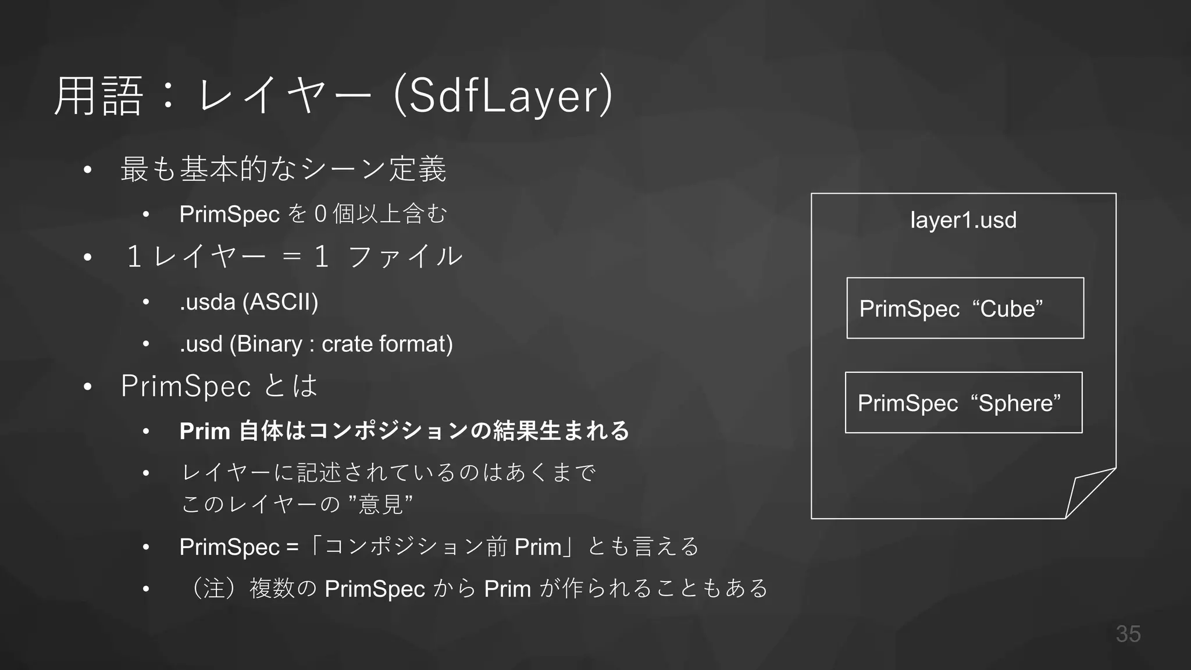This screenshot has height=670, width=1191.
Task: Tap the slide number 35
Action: tap(1128, 634)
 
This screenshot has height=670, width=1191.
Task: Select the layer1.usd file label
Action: tap(963, 220)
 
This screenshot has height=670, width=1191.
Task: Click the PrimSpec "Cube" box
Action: tap(965, 308)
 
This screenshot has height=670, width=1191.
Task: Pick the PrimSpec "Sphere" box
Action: tap(963, 402)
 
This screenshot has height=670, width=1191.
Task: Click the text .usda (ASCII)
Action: tap(249, 302)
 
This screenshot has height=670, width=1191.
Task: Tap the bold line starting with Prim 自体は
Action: tap(404, 431)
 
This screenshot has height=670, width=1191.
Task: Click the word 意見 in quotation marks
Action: tap(381, 504)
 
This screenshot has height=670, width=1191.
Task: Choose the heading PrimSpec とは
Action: tap(219, 386)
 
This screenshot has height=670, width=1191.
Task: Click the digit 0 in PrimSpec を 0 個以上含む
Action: tap(320, 215)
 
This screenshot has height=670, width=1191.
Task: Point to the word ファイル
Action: tap(405, 256)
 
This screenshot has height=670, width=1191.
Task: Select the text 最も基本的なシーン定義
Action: tap(283, 169)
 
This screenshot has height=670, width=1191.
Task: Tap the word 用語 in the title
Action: tap(98, 97)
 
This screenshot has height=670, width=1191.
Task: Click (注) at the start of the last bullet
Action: tap(214, 589)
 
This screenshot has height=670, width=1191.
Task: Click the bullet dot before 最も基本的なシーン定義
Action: tap(88, 170)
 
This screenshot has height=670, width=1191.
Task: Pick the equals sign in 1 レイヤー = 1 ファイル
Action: tap(291, 256)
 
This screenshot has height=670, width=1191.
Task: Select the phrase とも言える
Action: tap(643, 547)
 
